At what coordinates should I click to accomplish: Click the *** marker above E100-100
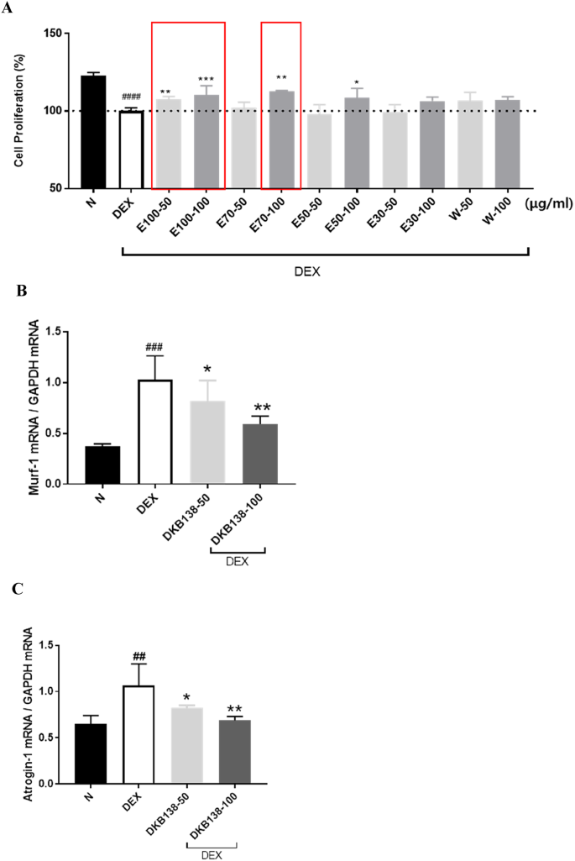[x=206, y=80]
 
